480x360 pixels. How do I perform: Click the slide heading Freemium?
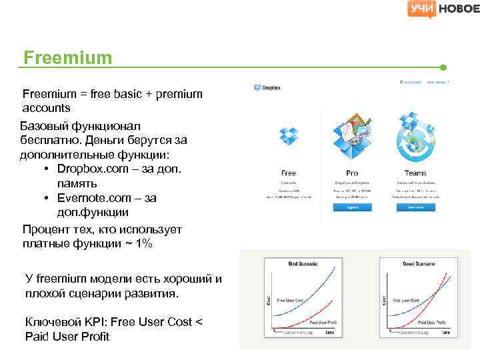[67, 58]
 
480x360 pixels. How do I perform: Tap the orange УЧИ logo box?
[422, 9]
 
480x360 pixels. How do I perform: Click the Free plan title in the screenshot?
[289, 173]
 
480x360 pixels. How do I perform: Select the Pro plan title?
[352, 173]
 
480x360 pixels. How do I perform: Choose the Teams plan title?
[415, 173]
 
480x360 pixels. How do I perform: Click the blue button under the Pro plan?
[352, 207]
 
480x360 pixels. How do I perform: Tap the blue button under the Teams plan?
[415, 207]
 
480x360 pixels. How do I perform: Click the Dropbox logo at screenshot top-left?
[267, 87]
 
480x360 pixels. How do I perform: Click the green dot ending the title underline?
[443, 67]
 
